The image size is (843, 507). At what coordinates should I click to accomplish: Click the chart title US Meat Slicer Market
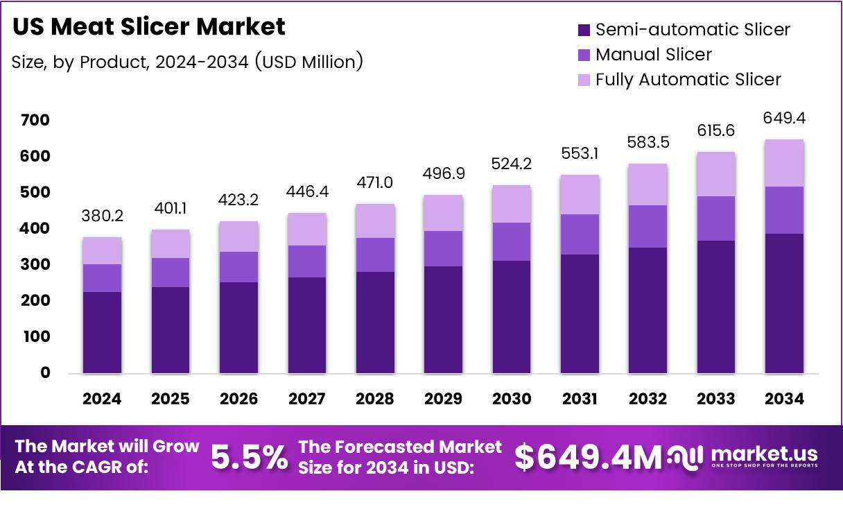point(149,26)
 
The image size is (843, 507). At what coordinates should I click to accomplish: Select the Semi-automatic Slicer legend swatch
point(583,30)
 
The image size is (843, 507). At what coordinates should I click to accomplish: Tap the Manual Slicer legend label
point(653,54)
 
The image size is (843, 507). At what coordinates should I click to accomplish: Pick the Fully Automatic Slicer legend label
point(688,79)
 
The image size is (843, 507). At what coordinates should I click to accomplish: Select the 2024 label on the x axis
point(102,399)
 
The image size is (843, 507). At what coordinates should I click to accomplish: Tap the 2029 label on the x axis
point(444,399)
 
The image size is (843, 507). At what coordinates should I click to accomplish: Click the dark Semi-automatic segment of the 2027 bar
point(307,325)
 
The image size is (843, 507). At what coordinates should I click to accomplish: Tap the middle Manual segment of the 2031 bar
point(580,234)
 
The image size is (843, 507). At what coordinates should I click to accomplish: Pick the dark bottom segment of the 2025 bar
point(171,330)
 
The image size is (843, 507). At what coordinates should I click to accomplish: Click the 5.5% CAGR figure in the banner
point(249,457)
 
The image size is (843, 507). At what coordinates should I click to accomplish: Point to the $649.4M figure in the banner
point(588,457)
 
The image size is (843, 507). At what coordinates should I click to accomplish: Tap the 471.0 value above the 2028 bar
point(376,183)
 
